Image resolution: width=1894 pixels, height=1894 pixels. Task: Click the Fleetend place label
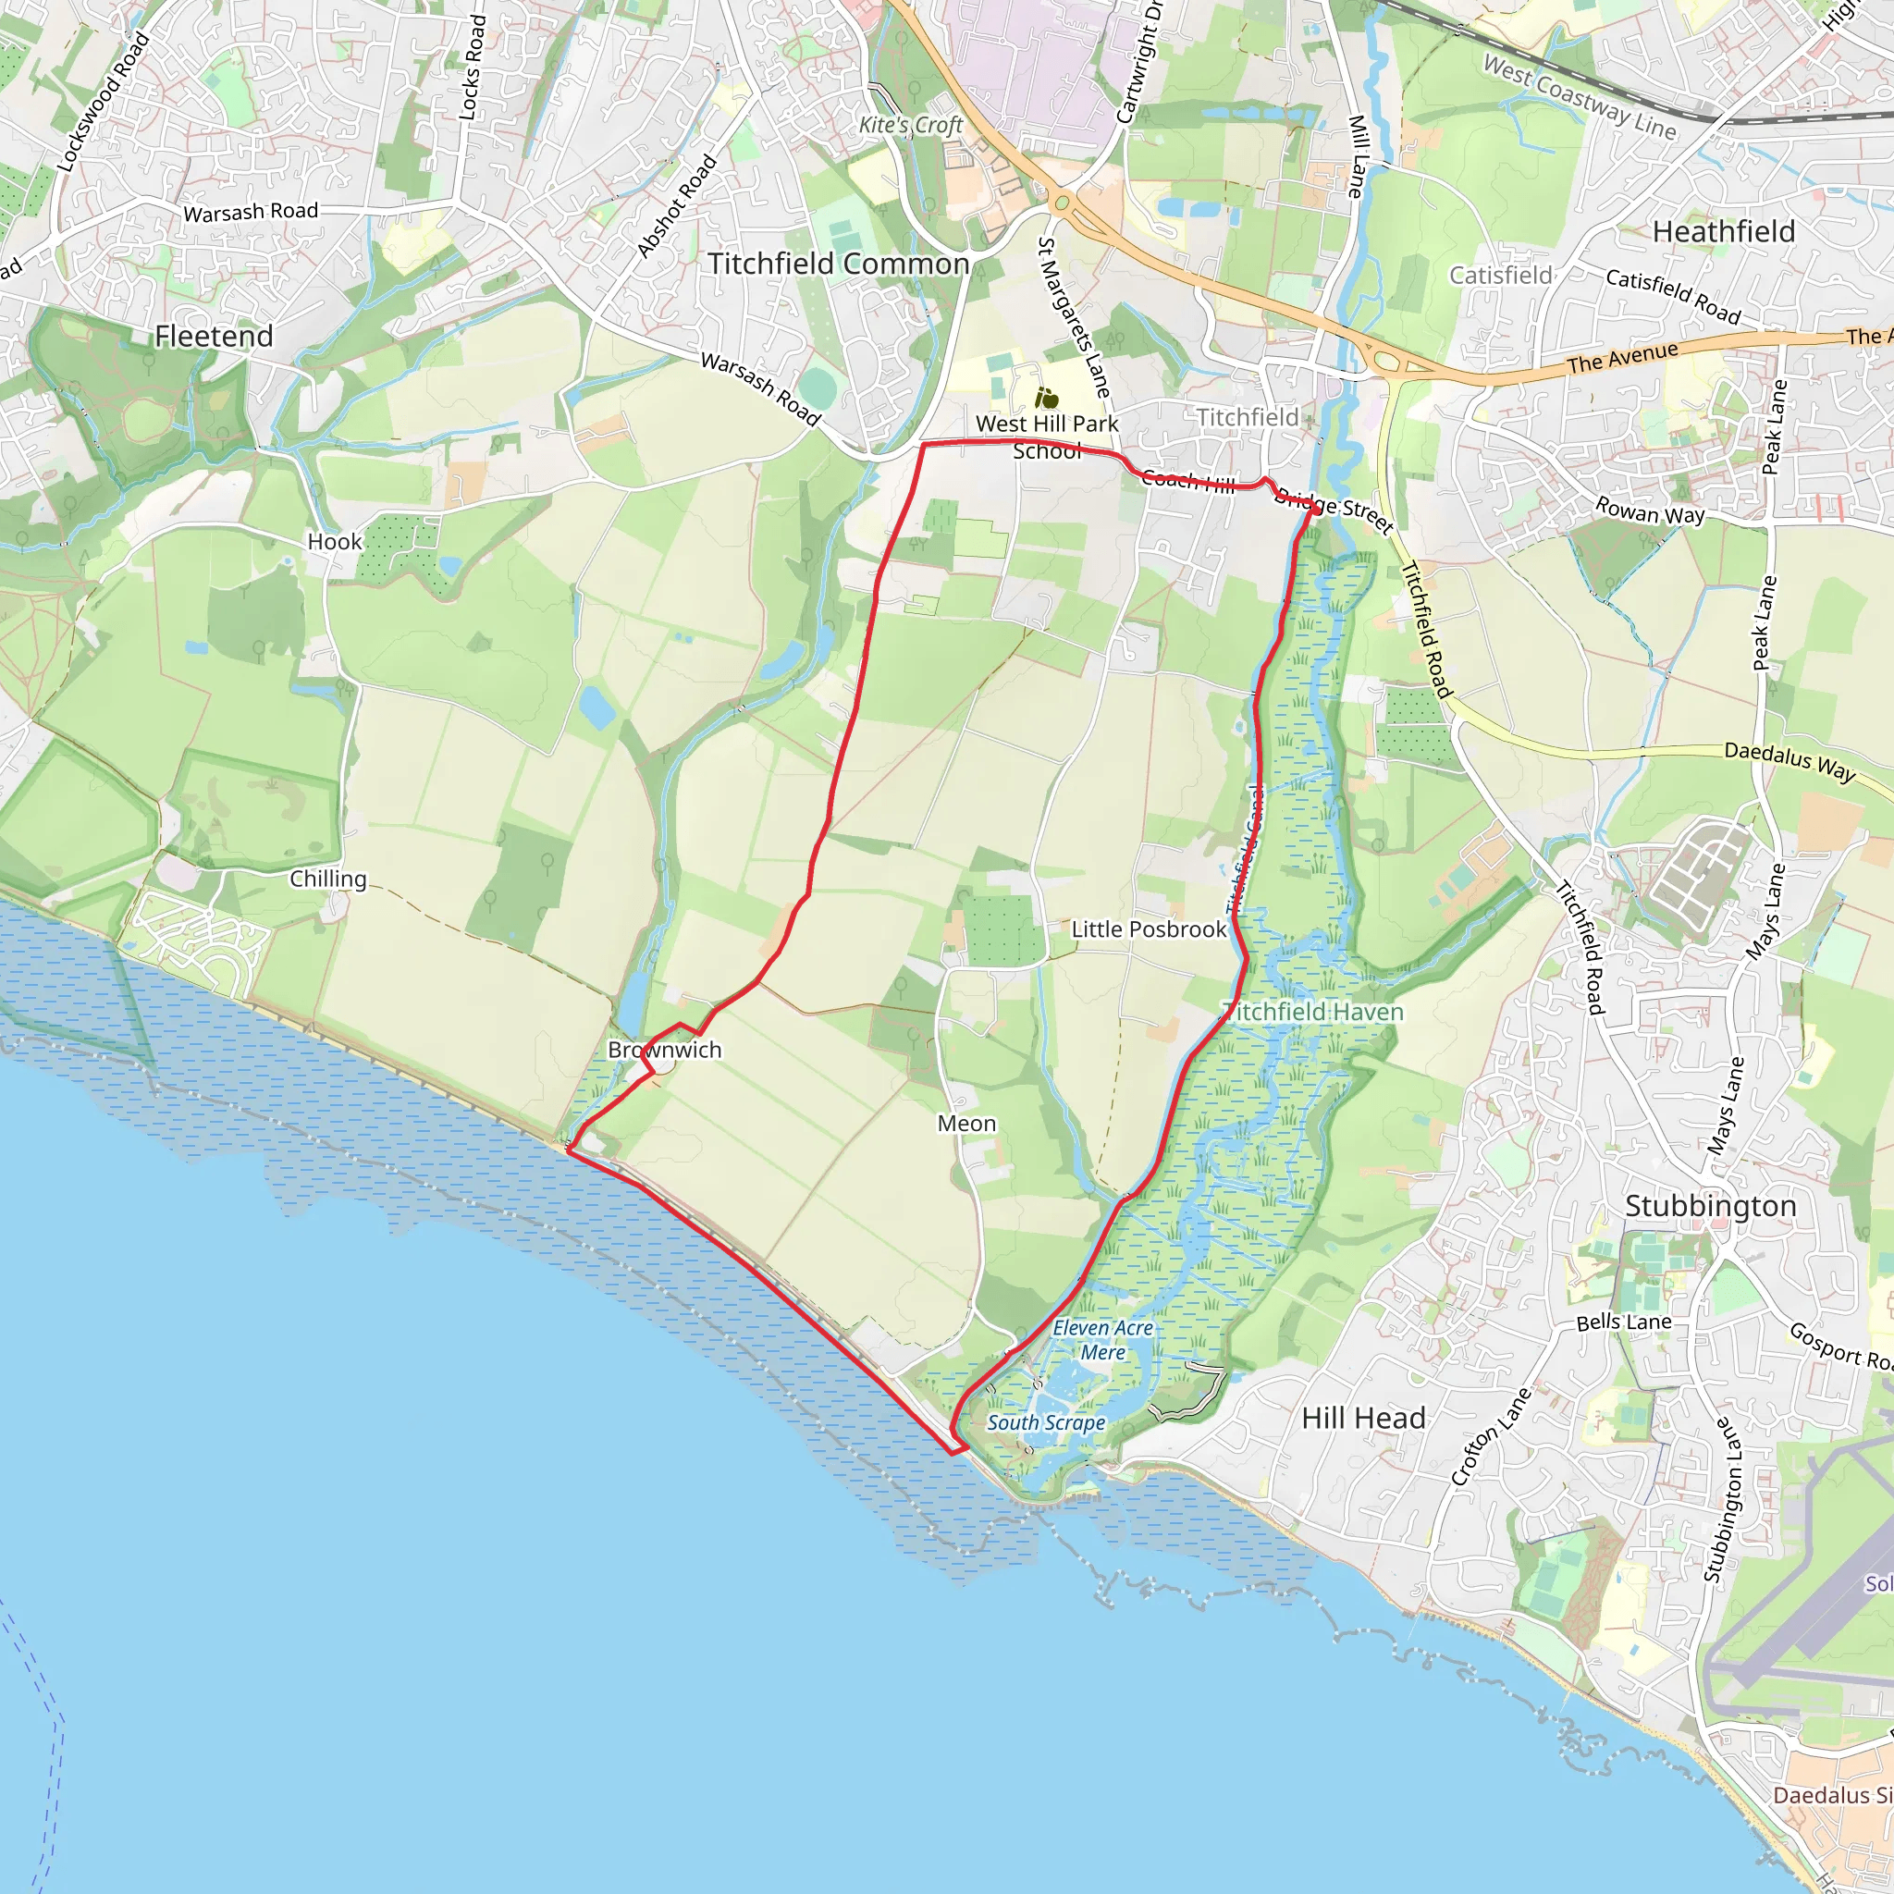pos(214,337)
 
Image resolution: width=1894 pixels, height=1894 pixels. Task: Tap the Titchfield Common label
pos(838,264)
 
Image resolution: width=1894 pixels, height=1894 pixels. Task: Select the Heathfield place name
pos(1724,231)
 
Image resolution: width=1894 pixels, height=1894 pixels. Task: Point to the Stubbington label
pos(1711,1206)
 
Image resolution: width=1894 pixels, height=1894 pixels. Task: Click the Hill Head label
pos(1362,1418)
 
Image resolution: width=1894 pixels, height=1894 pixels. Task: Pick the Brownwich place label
pos(665,1050)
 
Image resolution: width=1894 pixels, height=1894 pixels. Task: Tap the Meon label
pos(966,1124)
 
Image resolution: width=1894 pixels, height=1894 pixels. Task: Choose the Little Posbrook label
pos(1148,929)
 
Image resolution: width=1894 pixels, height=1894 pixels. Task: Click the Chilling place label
pos(327,879)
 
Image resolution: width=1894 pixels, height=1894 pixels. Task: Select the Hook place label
pos(334,541)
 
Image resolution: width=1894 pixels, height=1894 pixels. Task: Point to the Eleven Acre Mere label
pos(1103,1340)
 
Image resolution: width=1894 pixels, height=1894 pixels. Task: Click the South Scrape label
pos(1046,1422)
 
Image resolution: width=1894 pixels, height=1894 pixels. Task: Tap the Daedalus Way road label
pos(1789,762)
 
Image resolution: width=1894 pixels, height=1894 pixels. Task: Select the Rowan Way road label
pos(1650,510)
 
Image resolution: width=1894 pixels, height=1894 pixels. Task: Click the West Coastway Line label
pos(1580,96)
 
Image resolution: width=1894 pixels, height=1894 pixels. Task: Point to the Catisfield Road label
pos(1672,295)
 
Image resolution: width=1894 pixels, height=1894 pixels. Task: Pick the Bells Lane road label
pos(1623,1322)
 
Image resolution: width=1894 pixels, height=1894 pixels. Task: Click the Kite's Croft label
pos(911,125)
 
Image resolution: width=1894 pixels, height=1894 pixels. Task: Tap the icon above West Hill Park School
pos(1047,398)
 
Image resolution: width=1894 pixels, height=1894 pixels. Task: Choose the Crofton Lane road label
pos(1490,1436)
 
